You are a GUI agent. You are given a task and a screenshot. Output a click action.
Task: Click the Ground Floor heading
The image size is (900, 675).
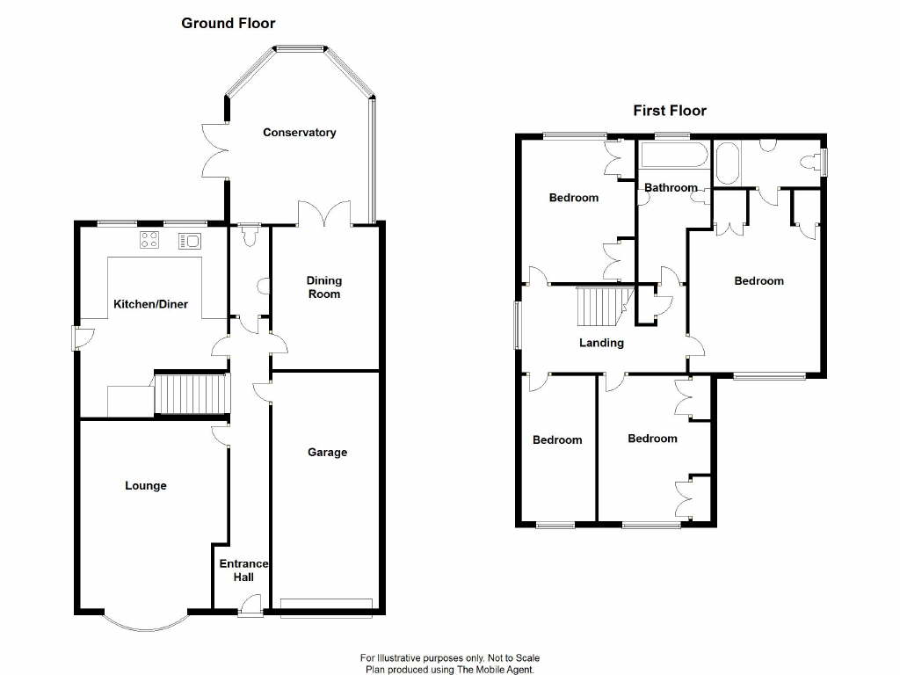[229, 24]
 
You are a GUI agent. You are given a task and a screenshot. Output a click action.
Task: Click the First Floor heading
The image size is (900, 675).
[670, 111]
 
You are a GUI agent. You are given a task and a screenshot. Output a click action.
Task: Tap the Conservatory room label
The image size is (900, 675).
[300, 133]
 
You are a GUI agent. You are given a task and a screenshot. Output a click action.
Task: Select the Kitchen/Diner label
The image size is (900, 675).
[150, 304]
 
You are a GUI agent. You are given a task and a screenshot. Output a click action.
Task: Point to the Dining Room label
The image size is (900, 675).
[323, 287]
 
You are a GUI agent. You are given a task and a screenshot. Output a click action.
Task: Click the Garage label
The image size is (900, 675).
[327, 453]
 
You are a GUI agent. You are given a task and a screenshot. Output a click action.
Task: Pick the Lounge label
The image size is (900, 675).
[146, 486]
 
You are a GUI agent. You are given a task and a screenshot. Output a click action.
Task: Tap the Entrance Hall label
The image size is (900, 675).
[243, 570]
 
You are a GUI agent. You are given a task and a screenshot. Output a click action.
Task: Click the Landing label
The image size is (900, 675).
[601, 343]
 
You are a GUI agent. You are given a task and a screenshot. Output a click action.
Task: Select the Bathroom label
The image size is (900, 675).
[671, 187]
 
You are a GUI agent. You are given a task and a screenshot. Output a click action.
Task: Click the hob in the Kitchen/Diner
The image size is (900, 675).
[148, 240]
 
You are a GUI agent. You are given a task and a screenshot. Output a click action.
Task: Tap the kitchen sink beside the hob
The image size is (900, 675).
[190, 240]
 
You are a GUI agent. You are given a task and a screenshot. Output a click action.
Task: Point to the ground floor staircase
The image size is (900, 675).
[191, 394]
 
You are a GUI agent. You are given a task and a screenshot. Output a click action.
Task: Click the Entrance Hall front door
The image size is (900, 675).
[250, 605]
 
